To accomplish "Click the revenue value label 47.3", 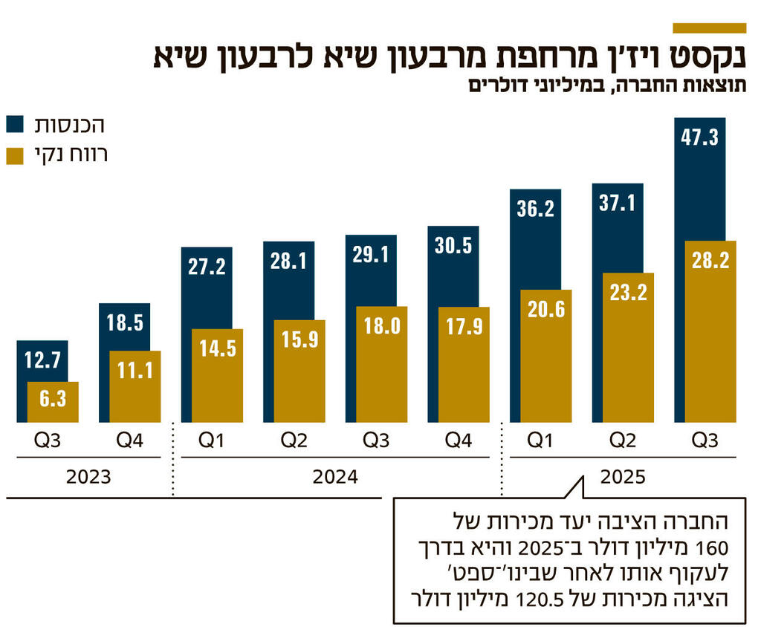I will (699, 137).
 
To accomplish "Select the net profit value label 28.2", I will (710, 260).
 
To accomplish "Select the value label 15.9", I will (299, 339).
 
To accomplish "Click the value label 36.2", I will (535, 209).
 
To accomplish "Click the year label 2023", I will (88, 476).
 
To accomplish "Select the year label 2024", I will (334, 476).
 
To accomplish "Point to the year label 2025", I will (623, 476).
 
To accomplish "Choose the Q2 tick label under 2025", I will (623, 441).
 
